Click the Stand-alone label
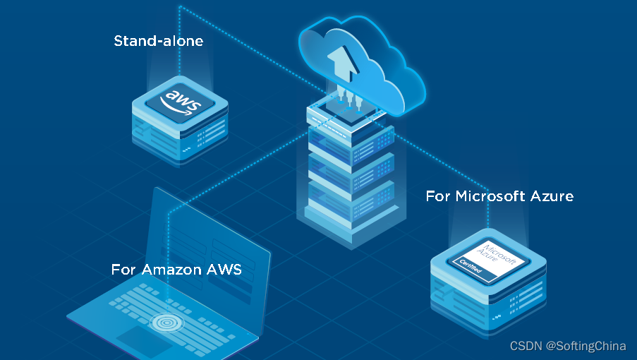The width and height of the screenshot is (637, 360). (x=158, y=41)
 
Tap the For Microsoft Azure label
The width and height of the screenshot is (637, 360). (x=499, y=196)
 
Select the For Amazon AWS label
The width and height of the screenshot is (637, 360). (x=176, y=270)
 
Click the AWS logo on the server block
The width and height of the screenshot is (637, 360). (x=181, y=101)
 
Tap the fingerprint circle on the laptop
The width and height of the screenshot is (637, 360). (x=169, y=323)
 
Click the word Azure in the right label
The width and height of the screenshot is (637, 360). (x=550, y=196)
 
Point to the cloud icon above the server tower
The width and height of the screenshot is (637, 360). (x=360, y=64)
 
